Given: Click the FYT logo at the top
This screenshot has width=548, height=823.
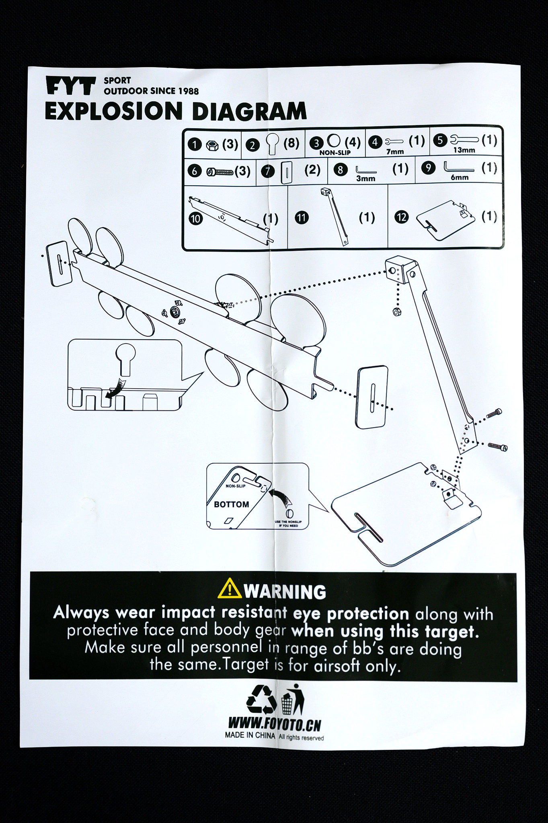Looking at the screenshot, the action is tap(71, 86).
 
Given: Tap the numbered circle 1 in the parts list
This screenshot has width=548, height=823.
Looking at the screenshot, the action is tap(195, 144).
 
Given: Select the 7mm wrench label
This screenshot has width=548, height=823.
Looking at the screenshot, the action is tap(395, 151).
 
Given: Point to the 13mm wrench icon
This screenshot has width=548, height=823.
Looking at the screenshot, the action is tap(465, 140).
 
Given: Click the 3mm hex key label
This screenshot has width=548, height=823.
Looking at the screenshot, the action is tap(365, 178).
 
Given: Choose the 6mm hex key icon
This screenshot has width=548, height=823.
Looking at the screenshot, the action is tap(459, 166).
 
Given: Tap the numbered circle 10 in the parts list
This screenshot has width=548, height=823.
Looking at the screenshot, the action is tap(195, 219).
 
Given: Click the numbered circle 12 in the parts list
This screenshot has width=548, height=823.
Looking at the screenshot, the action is tap(401, 217).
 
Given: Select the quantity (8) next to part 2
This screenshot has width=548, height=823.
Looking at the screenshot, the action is tap(291, 143).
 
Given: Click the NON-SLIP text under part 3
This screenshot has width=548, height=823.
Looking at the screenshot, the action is tap(335, 153).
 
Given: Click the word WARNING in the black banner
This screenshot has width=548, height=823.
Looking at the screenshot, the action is tap(285, 592).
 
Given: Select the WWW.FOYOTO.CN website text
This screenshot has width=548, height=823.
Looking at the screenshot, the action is tap(275, 725).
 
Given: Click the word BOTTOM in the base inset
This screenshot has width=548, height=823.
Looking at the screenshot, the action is tap(232, 504).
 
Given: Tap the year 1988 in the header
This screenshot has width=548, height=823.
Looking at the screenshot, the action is tap(189, 91).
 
